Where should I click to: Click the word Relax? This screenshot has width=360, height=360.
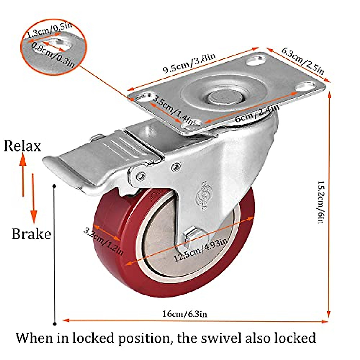(22, 146)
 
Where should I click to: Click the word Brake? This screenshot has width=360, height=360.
(31, 234)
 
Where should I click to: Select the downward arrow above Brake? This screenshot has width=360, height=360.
(33, 198)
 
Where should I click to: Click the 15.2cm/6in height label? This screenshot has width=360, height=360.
(321, 202)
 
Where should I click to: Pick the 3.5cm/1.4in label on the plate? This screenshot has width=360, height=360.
(173, 110)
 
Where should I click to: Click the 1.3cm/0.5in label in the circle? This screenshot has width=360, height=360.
(50, 30)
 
